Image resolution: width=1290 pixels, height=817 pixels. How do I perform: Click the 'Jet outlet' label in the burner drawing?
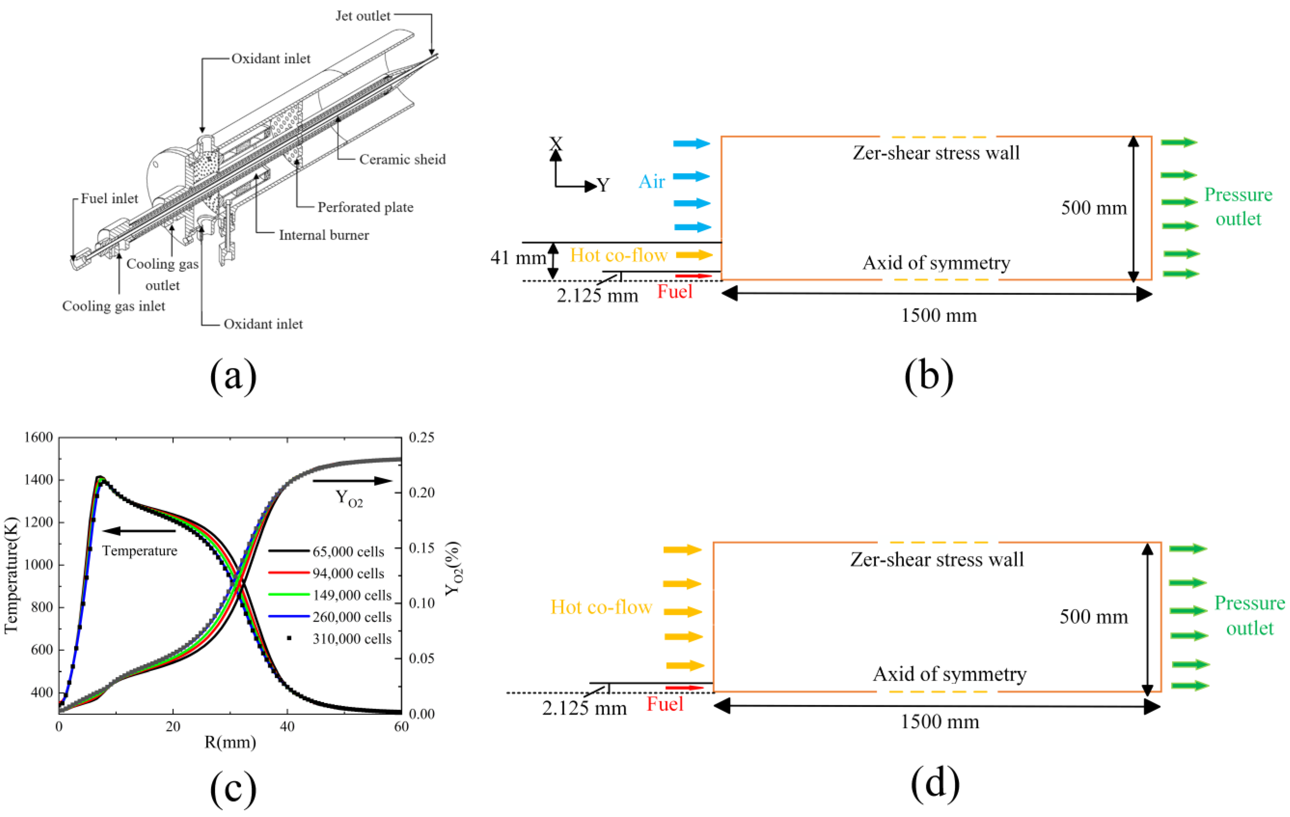363,16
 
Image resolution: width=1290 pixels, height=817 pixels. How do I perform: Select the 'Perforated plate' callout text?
365,207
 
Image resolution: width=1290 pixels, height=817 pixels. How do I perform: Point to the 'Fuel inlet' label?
109,199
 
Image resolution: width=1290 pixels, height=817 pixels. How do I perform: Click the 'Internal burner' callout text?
324,235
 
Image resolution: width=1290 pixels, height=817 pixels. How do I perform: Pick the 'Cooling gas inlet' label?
113,306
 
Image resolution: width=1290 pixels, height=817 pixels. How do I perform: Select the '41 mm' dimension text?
518,258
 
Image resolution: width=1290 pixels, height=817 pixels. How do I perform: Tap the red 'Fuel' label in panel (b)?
674,292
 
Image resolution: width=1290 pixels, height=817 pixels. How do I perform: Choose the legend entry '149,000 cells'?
352,595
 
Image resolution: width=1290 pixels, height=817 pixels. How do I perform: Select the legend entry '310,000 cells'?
352,639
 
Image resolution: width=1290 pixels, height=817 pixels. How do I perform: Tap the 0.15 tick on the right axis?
422,548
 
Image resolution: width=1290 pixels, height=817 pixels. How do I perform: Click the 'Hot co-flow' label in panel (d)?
601,607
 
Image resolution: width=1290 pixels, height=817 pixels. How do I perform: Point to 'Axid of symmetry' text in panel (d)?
949,674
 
